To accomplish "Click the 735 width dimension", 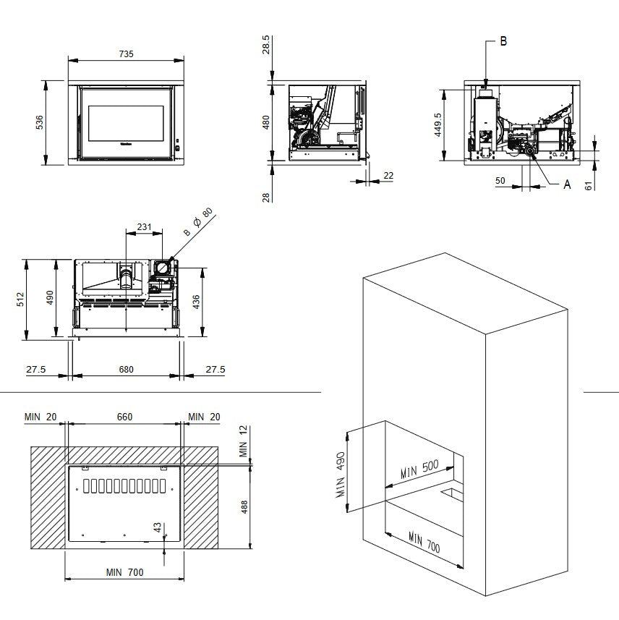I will [x=127, y=54].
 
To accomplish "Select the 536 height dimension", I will [x=40, y=123].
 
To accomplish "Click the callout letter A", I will [x=567, y=184].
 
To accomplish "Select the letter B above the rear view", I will [x=503, y=41].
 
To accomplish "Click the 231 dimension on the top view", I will [x=145, y=227].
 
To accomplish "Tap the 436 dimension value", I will [x=196, y=302].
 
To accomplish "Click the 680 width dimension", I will [x=126, y=370].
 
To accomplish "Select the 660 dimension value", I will [x=124, y=417].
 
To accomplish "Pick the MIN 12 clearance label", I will [x=244, y=441].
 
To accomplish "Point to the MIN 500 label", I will [x=420, y=472].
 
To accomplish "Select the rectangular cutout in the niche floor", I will [x=450, y=495].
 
